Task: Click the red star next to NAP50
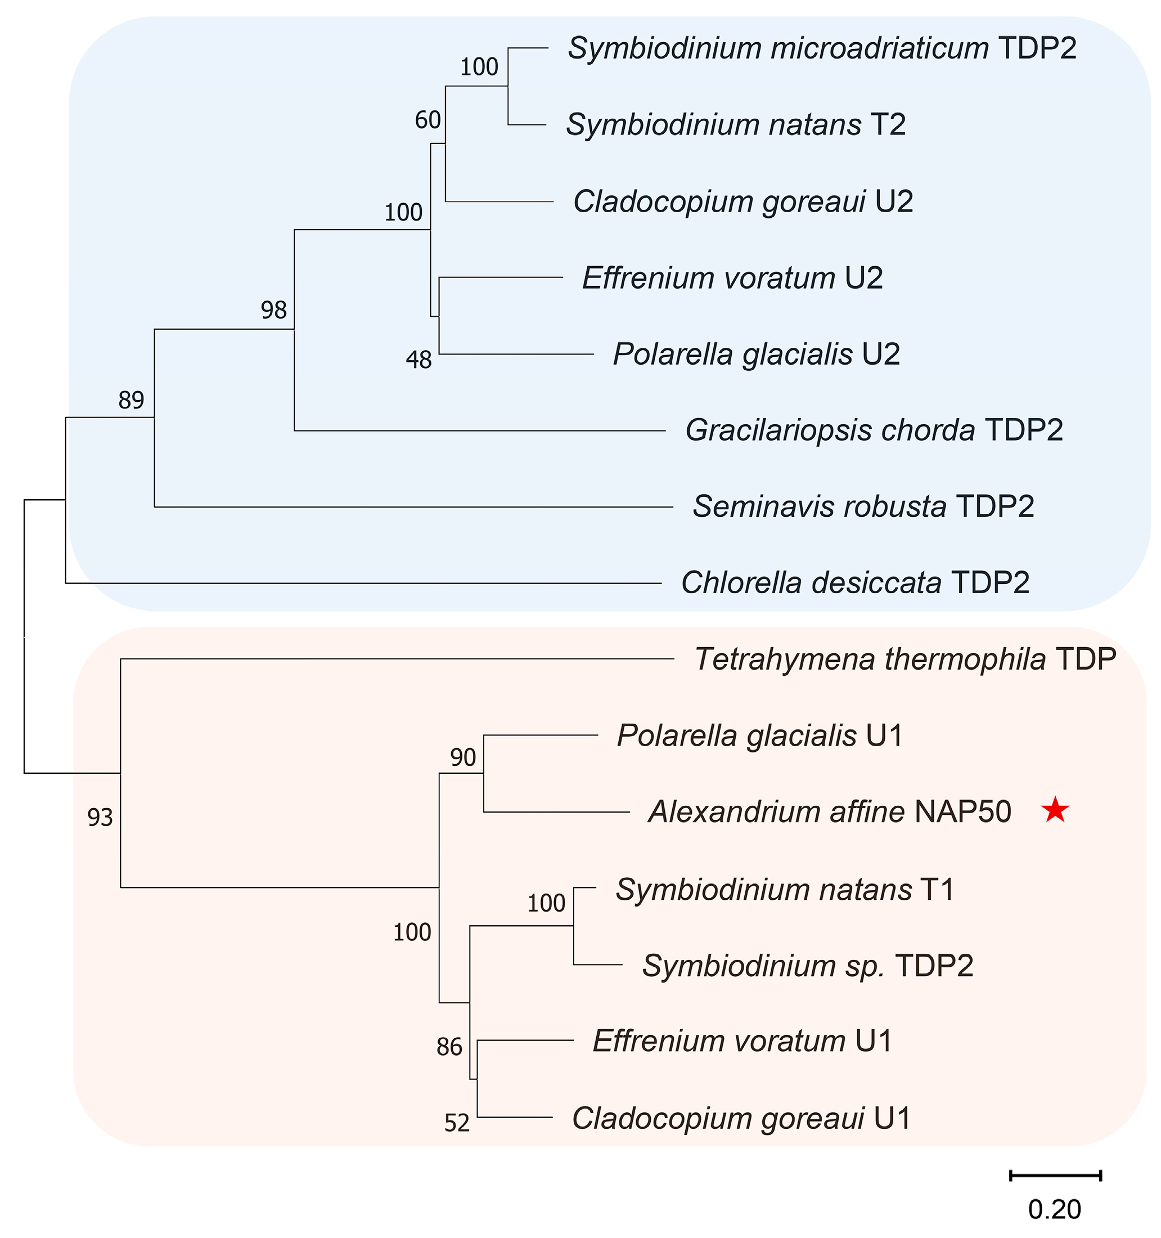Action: pyautogui.click(x=1055, y=811)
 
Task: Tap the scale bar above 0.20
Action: pyautogui.click(x=1055, y=1176)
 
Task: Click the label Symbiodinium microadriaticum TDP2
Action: pyautogui.click(x=822, y=48)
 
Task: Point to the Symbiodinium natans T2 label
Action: pyautogui.click(x=735, y=124)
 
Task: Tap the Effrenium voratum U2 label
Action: pyautogui.click(x=732, y=278)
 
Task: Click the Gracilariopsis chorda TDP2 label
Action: pyautogui.click(x=874, y=430)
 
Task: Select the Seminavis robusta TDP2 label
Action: pyautogui.click(x=863, y=506)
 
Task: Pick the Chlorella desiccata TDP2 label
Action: pyautogui.click(x=856, y=583)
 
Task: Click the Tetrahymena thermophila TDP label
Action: pyautogui.click(x=905, y=659)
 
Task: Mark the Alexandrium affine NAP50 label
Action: pyautogui.click(x=829, y=811)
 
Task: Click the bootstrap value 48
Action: pyautogui.click(x=418, y=360)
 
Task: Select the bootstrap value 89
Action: pyautogui.click(x=132, y=400)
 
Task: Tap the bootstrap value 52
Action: pyautogui.click(x=457, y=1123)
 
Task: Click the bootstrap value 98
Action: pyautogui.click(x=274, y=310)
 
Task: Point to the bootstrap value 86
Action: pyautogui.click(x=449, y=1047)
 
